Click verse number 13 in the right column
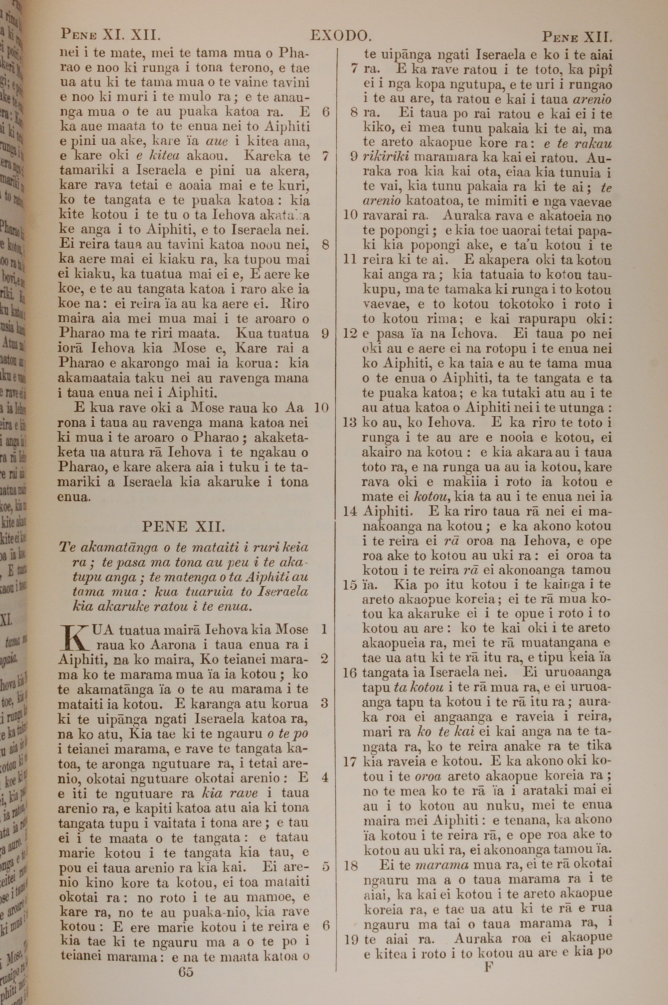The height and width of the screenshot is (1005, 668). pyautogui.click(x=349, y=423)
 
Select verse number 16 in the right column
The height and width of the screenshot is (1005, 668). pyautogui.click(x=349, y=673)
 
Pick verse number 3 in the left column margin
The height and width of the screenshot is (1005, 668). pyautogui.click(x=325, y=703)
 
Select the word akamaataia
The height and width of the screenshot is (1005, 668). pyautogui.click(x=94, y=378)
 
